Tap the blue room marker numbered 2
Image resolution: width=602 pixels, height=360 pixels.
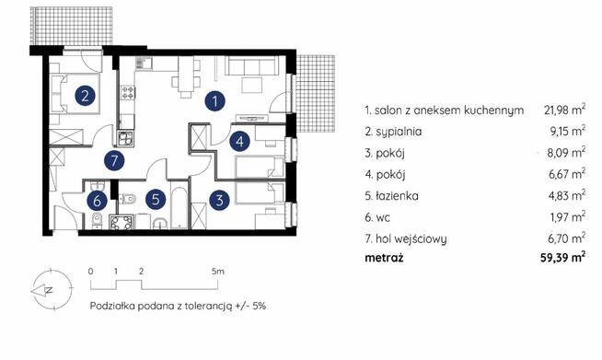(x=85, y=95)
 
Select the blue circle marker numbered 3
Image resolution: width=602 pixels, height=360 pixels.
(x=219, y=198)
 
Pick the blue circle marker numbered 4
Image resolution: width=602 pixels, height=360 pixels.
(x=239, y=142)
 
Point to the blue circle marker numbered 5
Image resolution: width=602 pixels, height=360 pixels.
(x=157, y=198)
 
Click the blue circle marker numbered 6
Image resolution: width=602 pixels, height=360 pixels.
(x=97, y=198)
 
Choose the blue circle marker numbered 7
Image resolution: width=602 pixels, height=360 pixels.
(x=114, y=162)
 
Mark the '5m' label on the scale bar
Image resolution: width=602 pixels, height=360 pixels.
(x=217, y=273)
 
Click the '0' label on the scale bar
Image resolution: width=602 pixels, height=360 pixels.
(x=90, y=273)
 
